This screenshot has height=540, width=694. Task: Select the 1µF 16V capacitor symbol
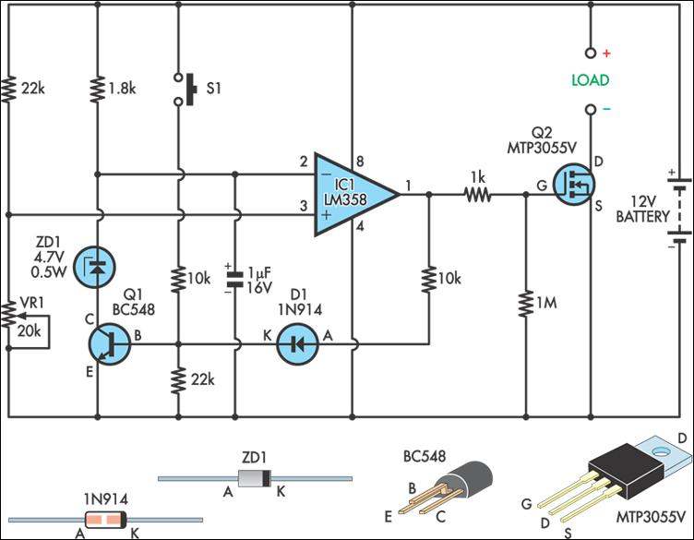tap(235, 276)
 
